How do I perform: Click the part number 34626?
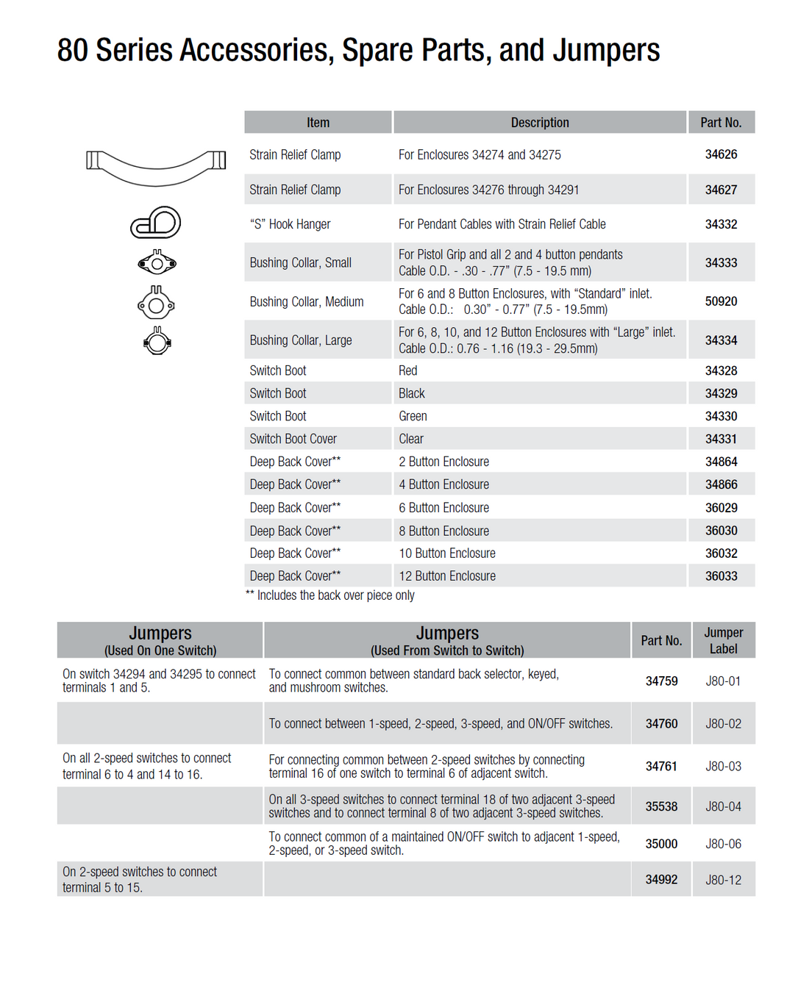tap(721, 154)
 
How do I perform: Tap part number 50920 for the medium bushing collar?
tap(721, 301)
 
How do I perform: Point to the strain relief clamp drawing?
tap(156, 167)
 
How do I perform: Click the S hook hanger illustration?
tap(156, 223)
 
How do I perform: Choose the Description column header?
tap(540, 123)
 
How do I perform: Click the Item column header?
tap(318, 123)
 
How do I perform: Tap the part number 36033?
tap(721, 576)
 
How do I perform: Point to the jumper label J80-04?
tap(723, 806)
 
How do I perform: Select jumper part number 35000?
tap(661, 844)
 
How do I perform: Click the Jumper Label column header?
tap(723, 640)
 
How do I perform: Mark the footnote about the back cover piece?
tap(331, 595)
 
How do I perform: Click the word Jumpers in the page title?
tap(606, 50)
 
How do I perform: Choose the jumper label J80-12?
tap(723, 880)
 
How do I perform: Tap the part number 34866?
tap(721, 484)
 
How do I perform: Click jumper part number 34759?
tap(661, 681)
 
